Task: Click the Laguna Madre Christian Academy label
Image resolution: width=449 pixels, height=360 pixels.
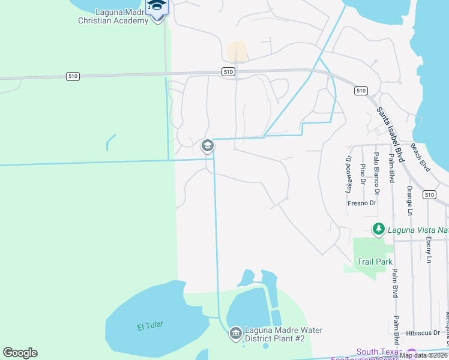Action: pos(113,16)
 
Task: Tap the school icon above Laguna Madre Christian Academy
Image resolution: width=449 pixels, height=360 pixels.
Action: pos(157,5)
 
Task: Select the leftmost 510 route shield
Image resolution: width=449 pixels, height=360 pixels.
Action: pos(72,76)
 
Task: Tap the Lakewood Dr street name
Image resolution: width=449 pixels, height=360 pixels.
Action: pos(348,174)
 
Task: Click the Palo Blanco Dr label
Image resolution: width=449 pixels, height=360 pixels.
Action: pos(376,174)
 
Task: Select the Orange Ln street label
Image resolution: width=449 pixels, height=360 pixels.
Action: pos(409,200)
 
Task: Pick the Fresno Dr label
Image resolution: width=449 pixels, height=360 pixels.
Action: pos(361,203)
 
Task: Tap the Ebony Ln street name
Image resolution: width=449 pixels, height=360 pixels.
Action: pos(429,249)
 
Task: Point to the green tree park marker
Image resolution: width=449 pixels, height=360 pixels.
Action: pos(378,229)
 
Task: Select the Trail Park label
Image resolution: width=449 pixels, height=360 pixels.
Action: pos(375,262)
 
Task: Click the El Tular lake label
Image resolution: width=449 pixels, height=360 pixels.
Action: pos(150,326)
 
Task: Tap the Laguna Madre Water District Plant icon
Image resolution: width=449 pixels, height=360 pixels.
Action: pos(235,332)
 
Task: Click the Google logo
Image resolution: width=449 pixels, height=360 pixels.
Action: pos(20,353)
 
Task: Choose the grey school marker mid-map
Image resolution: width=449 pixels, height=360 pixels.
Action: pos(207,145)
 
